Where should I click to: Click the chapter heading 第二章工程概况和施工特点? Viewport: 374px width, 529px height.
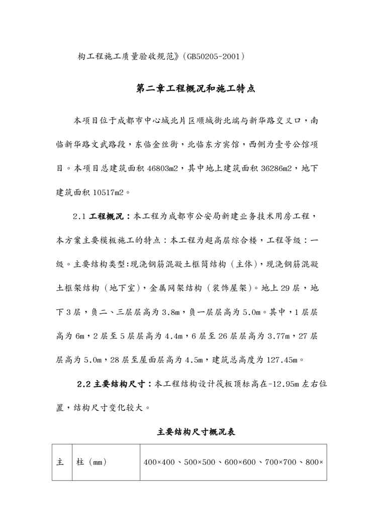196,89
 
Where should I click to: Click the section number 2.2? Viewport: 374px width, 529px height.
83,385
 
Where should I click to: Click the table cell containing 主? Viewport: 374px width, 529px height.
60,462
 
